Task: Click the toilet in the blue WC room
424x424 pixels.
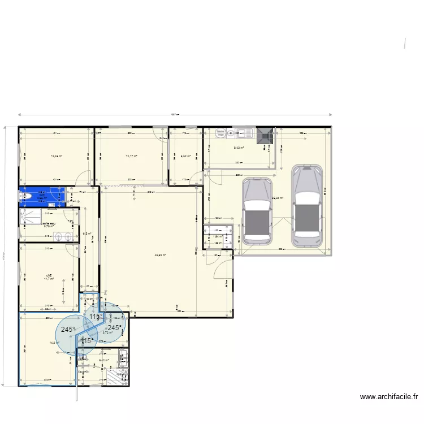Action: [x=24, y=196]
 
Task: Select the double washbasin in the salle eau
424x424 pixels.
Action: [x=67, y=236]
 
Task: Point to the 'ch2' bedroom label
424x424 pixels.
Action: [x=49, y=275]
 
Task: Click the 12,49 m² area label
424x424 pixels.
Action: [x=56, y=157]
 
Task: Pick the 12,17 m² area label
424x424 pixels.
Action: [x=131, y=157]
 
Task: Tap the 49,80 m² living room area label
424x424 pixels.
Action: [x=161, y=254]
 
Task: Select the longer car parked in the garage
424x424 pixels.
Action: [x=306, y=206]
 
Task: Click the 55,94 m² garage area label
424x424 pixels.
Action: [x=277, y=198]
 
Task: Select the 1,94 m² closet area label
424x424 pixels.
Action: [x=218, y=236]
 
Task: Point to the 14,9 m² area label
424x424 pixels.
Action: [x=54, y=343]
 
